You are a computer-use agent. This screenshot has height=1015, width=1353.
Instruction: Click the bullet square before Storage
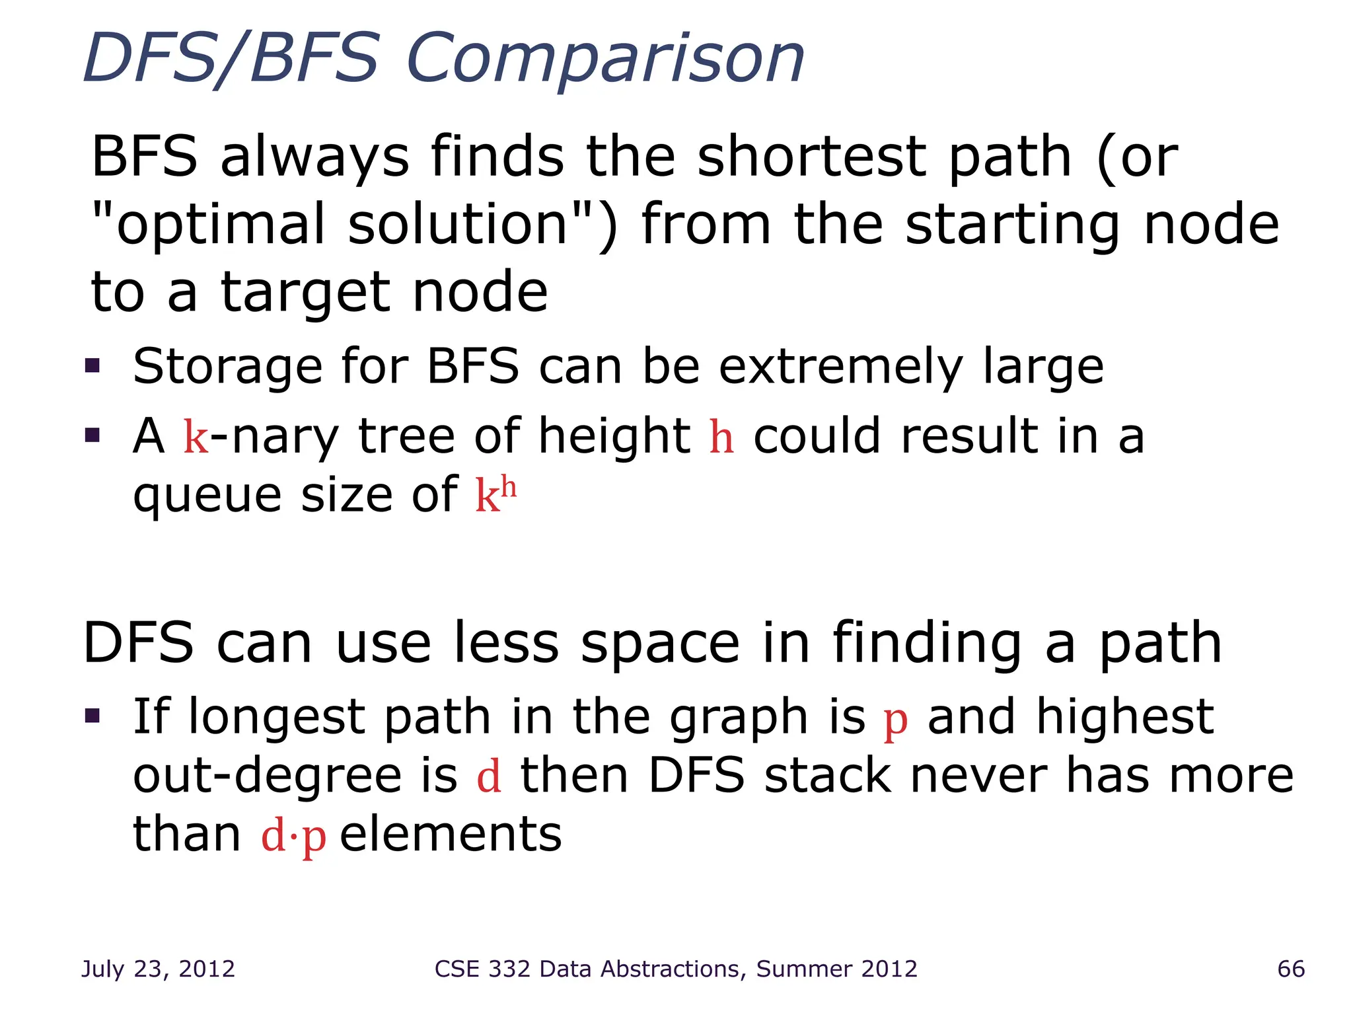[92, 365]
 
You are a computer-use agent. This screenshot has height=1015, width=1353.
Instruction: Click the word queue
[207, 496]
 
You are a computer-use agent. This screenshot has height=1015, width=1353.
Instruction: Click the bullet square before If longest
[92, 716]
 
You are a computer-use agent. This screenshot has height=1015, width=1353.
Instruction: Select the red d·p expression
[294, 836]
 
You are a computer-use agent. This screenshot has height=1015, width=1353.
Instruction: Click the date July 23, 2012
[158, 969]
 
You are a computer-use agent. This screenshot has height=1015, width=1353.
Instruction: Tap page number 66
[1291, 969]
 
